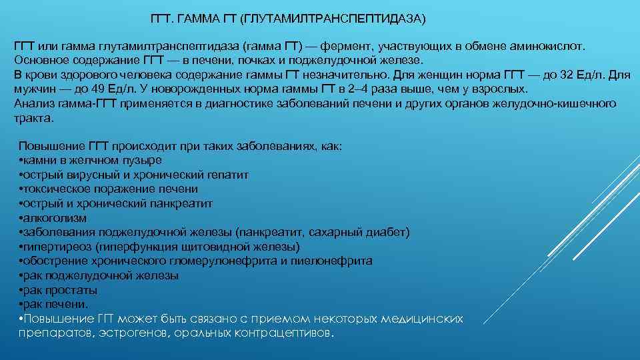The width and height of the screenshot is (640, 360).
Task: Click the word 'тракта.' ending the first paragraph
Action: coord(33,118)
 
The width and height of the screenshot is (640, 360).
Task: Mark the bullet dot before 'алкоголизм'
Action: coord(21,218)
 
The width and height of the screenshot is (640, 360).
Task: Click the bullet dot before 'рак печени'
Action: coord(21,304)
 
